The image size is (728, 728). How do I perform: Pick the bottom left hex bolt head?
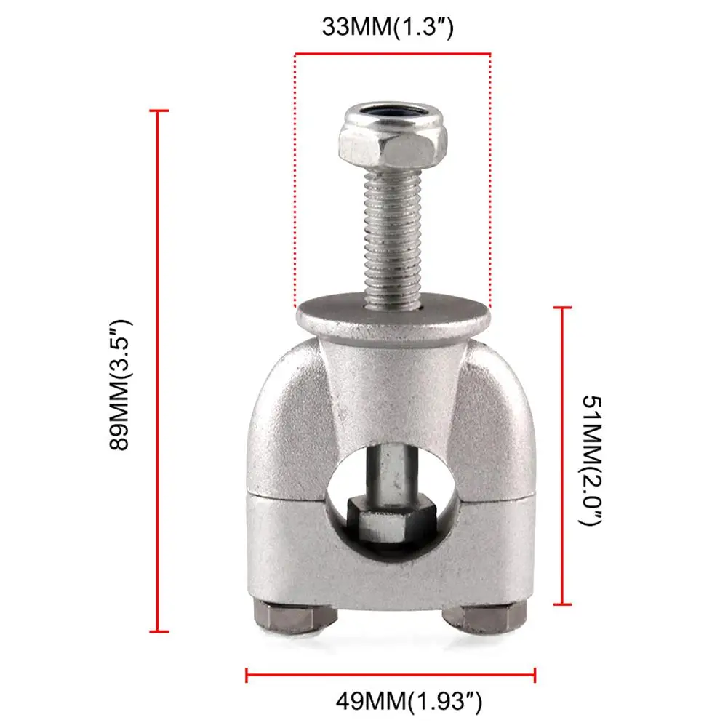point(295,617)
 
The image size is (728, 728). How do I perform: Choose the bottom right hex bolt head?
point(483,617)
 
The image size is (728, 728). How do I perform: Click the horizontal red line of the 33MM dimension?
point(393,53)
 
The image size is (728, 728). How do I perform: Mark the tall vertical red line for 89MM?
point(159,371)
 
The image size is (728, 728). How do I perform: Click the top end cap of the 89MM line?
point(159,111)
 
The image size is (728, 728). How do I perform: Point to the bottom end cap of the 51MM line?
point(561,604)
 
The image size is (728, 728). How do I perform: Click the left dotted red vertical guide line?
point(295,182)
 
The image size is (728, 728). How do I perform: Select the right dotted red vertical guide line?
point(490,182)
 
